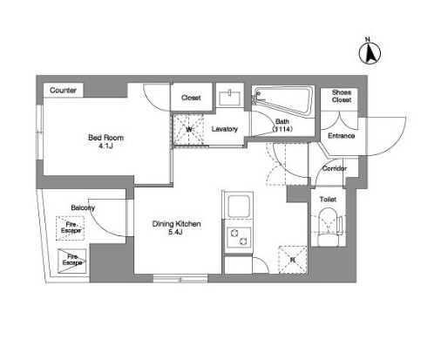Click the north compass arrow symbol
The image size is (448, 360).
(370, 53)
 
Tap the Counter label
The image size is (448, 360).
(63, 91)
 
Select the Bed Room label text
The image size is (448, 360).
(105, 138)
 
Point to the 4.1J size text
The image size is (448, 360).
(105, 146)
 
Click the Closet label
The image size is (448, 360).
(191, 98)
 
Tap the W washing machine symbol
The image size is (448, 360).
(188, 129)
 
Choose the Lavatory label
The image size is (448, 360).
(225, 129)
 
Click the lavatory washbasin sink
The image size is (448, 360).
(229, 98)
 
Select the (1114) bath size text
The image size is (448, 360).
(282, 129)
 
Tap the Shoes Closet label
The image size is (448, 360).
(342, 96)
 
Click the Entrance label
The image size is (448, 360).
(342, 136)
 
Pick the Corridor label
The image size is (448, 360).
(335, 168)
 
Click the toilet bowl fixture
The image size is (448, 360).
(329, 228)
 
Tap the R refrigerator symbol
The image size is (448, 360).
(293, 260)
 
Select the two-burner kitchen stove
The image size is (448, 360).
(239, 237)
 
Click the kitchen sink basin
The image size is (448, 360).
(239, 206)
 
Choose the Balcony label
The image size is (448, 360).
(83, 207)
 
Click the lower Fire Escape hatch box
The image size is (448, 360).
(72, 261)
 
